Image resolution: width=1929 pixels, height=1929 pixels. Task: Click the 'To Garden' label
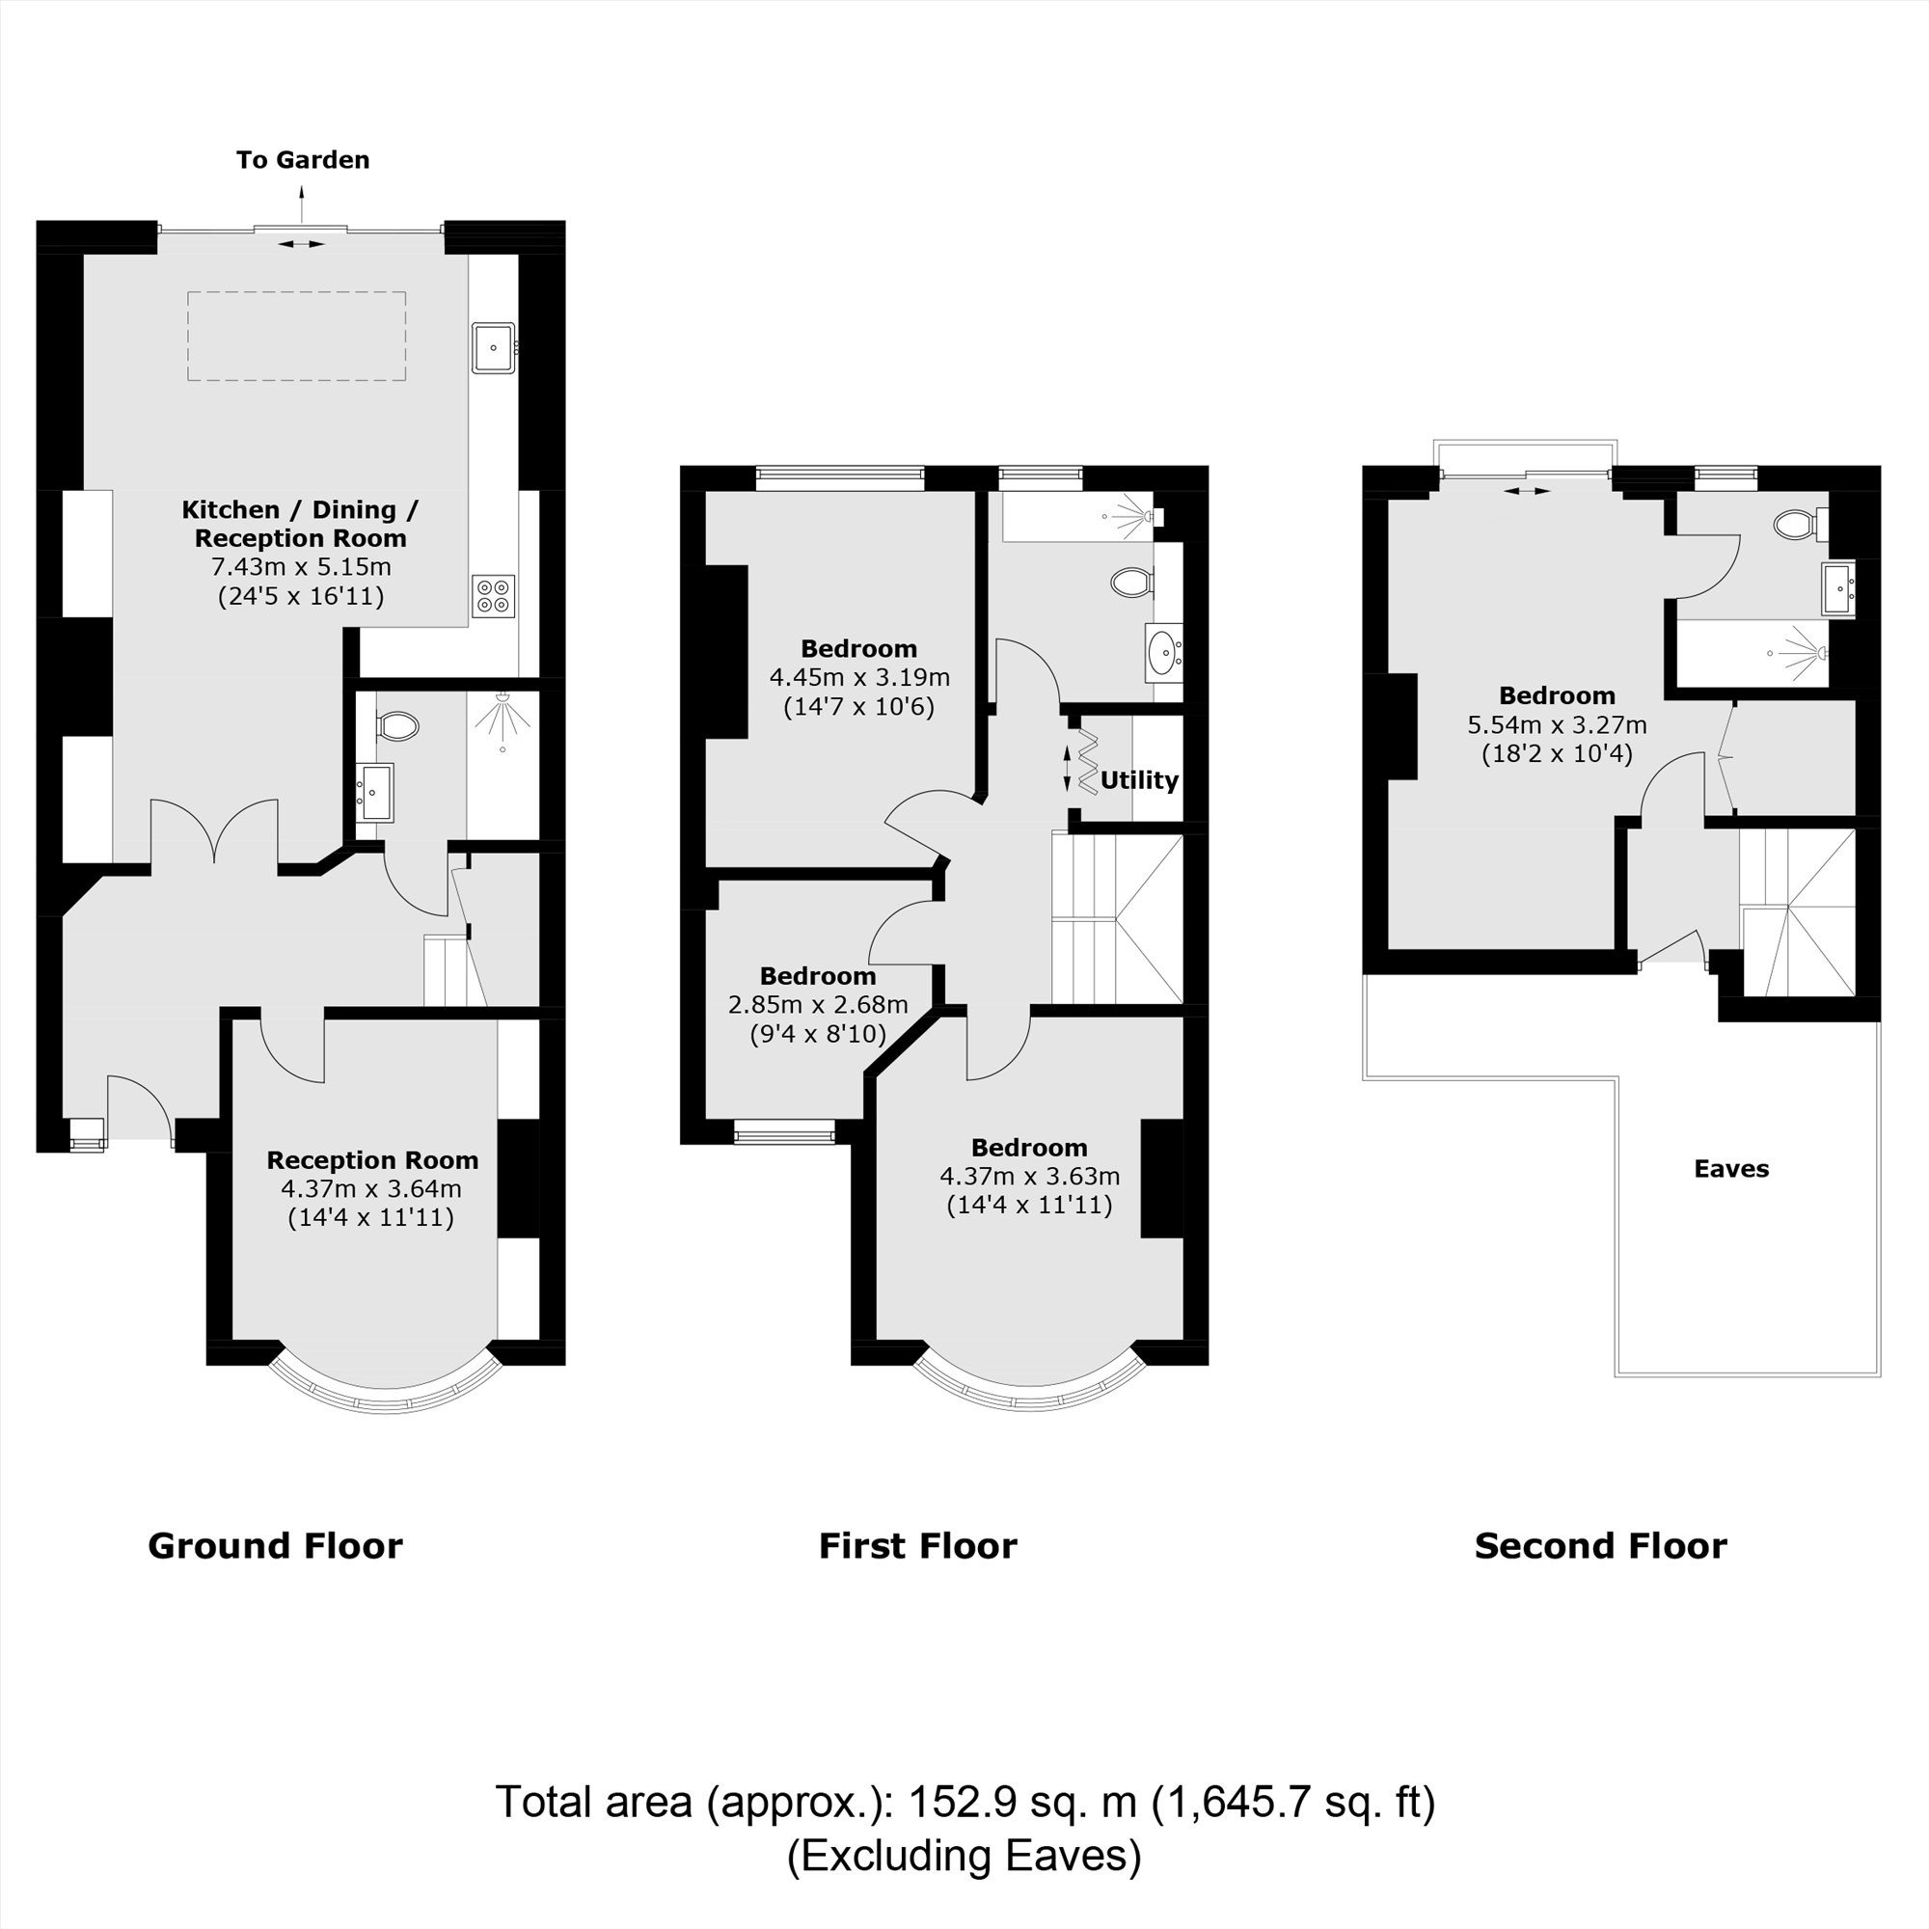303,160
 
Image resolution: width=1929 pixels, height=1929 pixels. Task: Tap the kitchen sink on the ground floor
493,347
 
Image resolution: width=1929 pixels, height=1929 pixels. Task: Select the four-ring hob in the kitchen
493,596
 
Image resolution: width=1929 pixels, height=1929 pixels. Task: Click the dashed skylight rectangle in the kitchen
296,336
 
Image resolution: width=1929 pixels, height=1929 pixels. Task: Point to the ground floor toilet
398,726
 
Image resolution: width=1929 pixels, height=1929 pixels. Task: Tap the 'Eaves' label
1731,1168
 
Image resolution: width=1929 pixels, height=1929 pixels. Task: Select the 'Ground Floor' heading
276,1547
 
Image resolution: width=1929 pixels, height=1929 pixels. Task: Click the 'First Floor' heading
917,1547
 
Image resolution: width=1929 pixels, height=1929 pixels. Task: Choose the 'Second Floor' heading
1600,1547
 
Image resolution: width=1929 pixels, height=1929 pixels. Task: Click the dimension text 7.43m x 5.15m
301,567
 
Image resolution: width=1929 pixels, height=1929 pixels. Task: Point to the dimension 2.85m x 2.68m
818,1004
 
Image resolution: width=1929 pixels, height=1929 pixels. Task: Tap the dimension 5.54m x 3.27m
1557,725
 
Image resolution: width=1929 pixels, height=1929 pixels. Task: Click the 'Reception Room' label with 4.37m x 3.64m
371,1160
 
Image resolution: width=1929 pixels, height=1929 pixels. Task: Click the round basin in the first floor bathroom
1163,653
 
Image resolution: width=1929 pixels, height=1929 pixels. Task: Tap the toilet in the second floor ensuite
1796,524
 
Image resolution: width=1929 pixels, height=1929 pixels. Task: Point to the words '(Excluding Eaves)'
964,1856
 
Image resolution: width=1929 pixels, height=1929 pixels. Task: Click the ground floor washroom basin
375,792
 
